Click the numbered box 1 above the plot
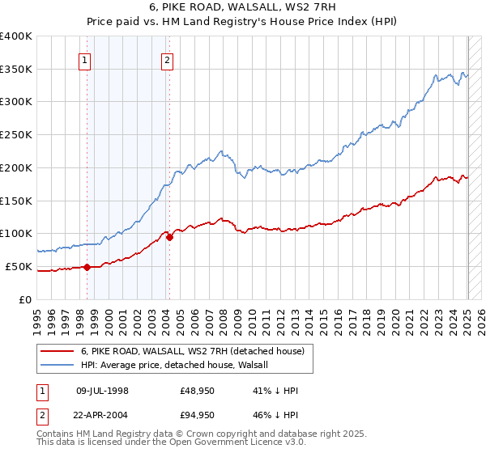tap(85, 59)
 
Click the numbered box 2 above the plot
tap(167, 59)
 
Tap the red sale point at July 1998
tap(87, 266)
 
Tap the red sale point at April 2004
tap(169, 236)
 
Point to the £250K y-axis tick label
tap(16, 134)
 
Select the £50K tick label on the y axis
tap(19, 266)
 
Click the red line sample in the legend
tap(57, 352)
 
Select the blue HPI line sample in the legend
tap(57, 366)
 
